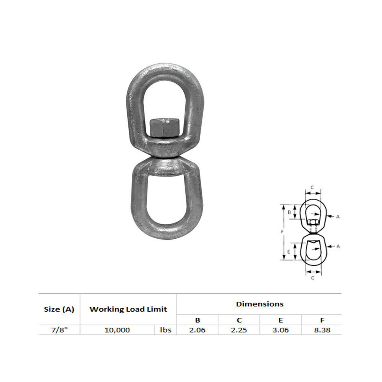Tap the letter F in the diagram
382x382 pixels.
[x=282, y=231]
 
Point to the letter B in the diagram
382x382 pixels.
[x=290, y=212]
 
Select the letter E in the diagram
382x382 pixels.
[x=289, y=252]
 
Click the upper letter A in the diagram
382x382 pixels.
[x=338, y=217]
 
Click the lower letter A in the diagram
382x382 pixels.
[x=338, y=246]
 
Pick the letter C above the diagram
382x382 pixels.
[x=312, y=187]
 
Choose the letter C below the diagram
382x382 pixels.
[x=312, y=278]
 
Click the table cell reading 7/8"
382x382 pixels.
[x=59, y=330]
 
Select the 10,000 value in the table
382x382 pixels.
[x=117, y=330]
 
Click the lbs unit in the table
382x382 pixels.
[x=165, y=330]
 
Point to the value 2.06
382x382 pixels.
[x=197, y=330]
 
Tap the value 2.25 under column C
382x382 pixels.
[x=239, y=330]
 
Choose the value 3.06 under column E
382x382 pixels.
[x=281, y=330]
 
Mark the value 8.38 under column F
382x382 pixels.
[x=322, y=330]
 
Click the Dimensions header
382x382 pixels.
[x=260, y=304]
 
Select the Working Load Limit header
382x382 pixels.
[x=128, y=309]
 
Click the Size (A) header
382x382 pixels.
[x=59, y=309]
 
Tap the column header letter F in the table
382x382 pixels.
[x=322, y=320]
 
